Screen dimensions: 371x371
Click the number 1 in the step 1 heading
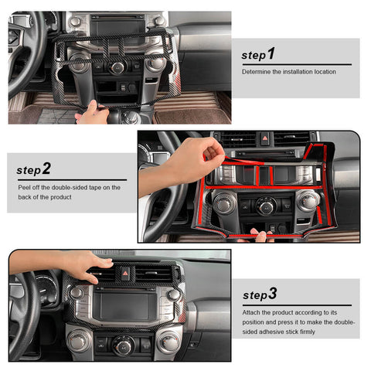(271, 54)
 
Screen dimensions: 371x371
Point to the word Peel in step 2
(26, 187)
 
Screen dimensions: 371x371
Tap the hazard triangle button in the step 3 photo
(124, 272)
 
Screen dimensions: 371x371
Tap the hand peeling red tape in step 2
(185, 158)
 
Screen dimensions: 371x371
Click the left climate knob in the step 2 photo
(223, 203)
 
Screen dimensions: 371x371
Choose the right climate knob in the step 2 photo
(308, 202)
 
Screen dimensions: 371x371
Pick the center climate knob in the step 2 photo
(266, 206)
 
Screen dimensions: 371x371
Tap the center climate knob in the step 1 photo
(117, 67)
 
